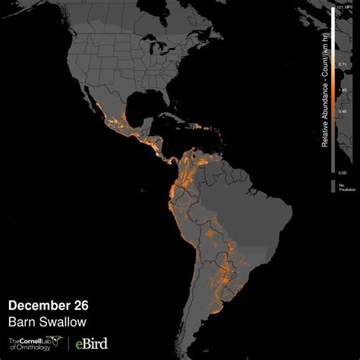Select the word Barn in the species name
coord(21,321)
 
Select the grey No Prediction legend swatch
coord(332,185)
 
